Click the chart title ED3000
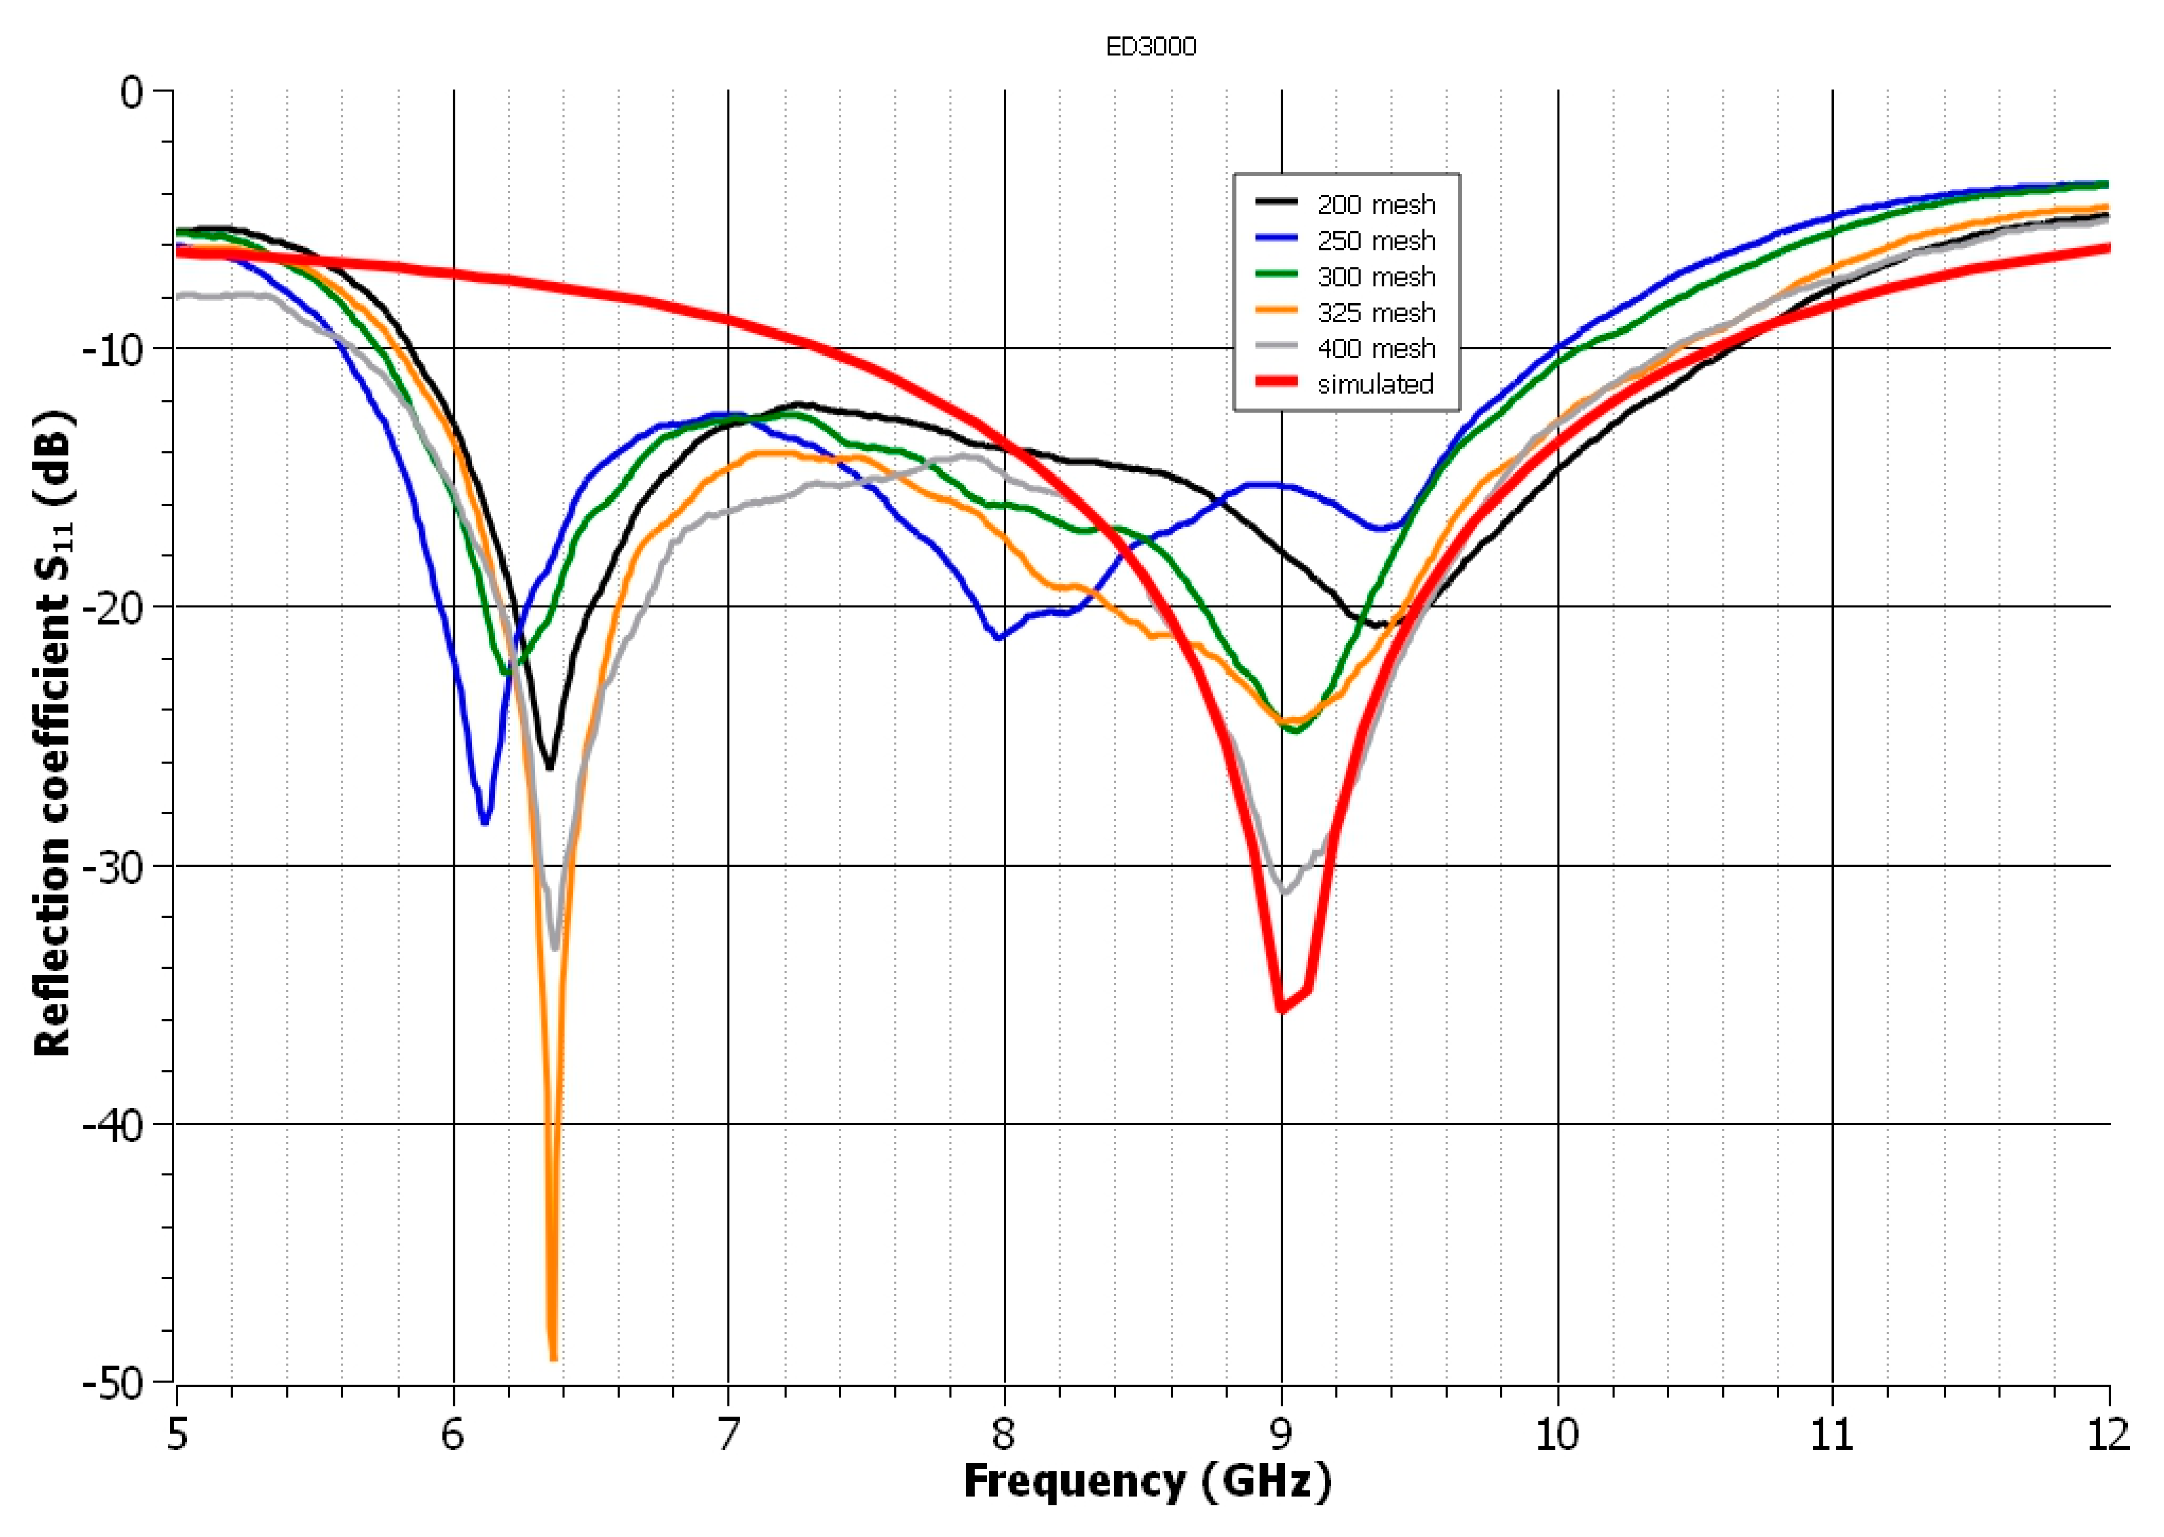[1151, 47]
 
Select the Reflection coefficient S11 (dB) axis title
[54, 733]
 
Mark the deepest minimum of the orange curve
[554, 1358]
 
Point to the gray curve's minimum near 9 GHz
[1284, 891]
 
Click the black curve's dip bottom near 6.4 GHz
[549, 766]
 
